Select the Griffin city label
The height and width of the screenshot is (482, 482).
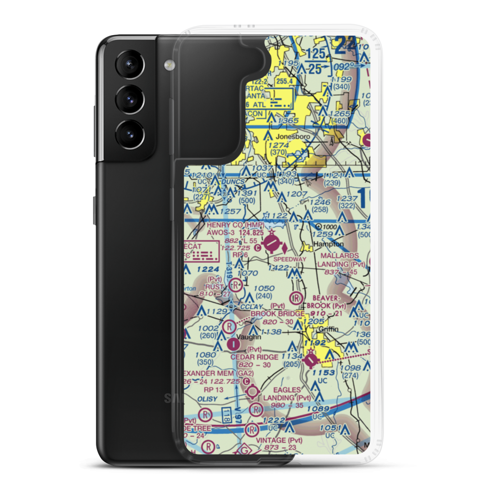(x=328, y=329)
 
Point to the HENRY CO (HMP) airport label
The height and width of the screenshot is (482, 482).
(x=236, y=225)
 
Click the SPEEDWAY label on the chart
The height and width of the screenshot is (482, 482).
(x=290, y=259)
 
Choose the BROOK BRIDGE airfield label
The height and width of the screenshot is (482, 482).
(x=277, y=314)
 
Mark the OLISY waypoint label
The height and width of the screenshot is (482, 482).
(x=206, y=399)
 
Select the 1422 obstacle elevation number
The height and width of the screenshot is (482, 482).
(x=279, y=268)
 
